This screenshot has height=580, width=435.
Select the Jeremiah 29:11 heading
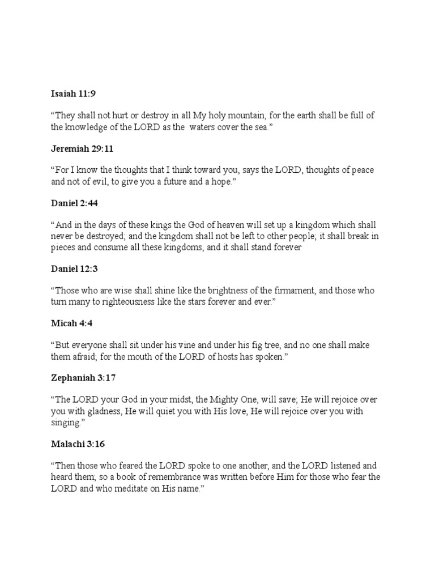tap(83, 149)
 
